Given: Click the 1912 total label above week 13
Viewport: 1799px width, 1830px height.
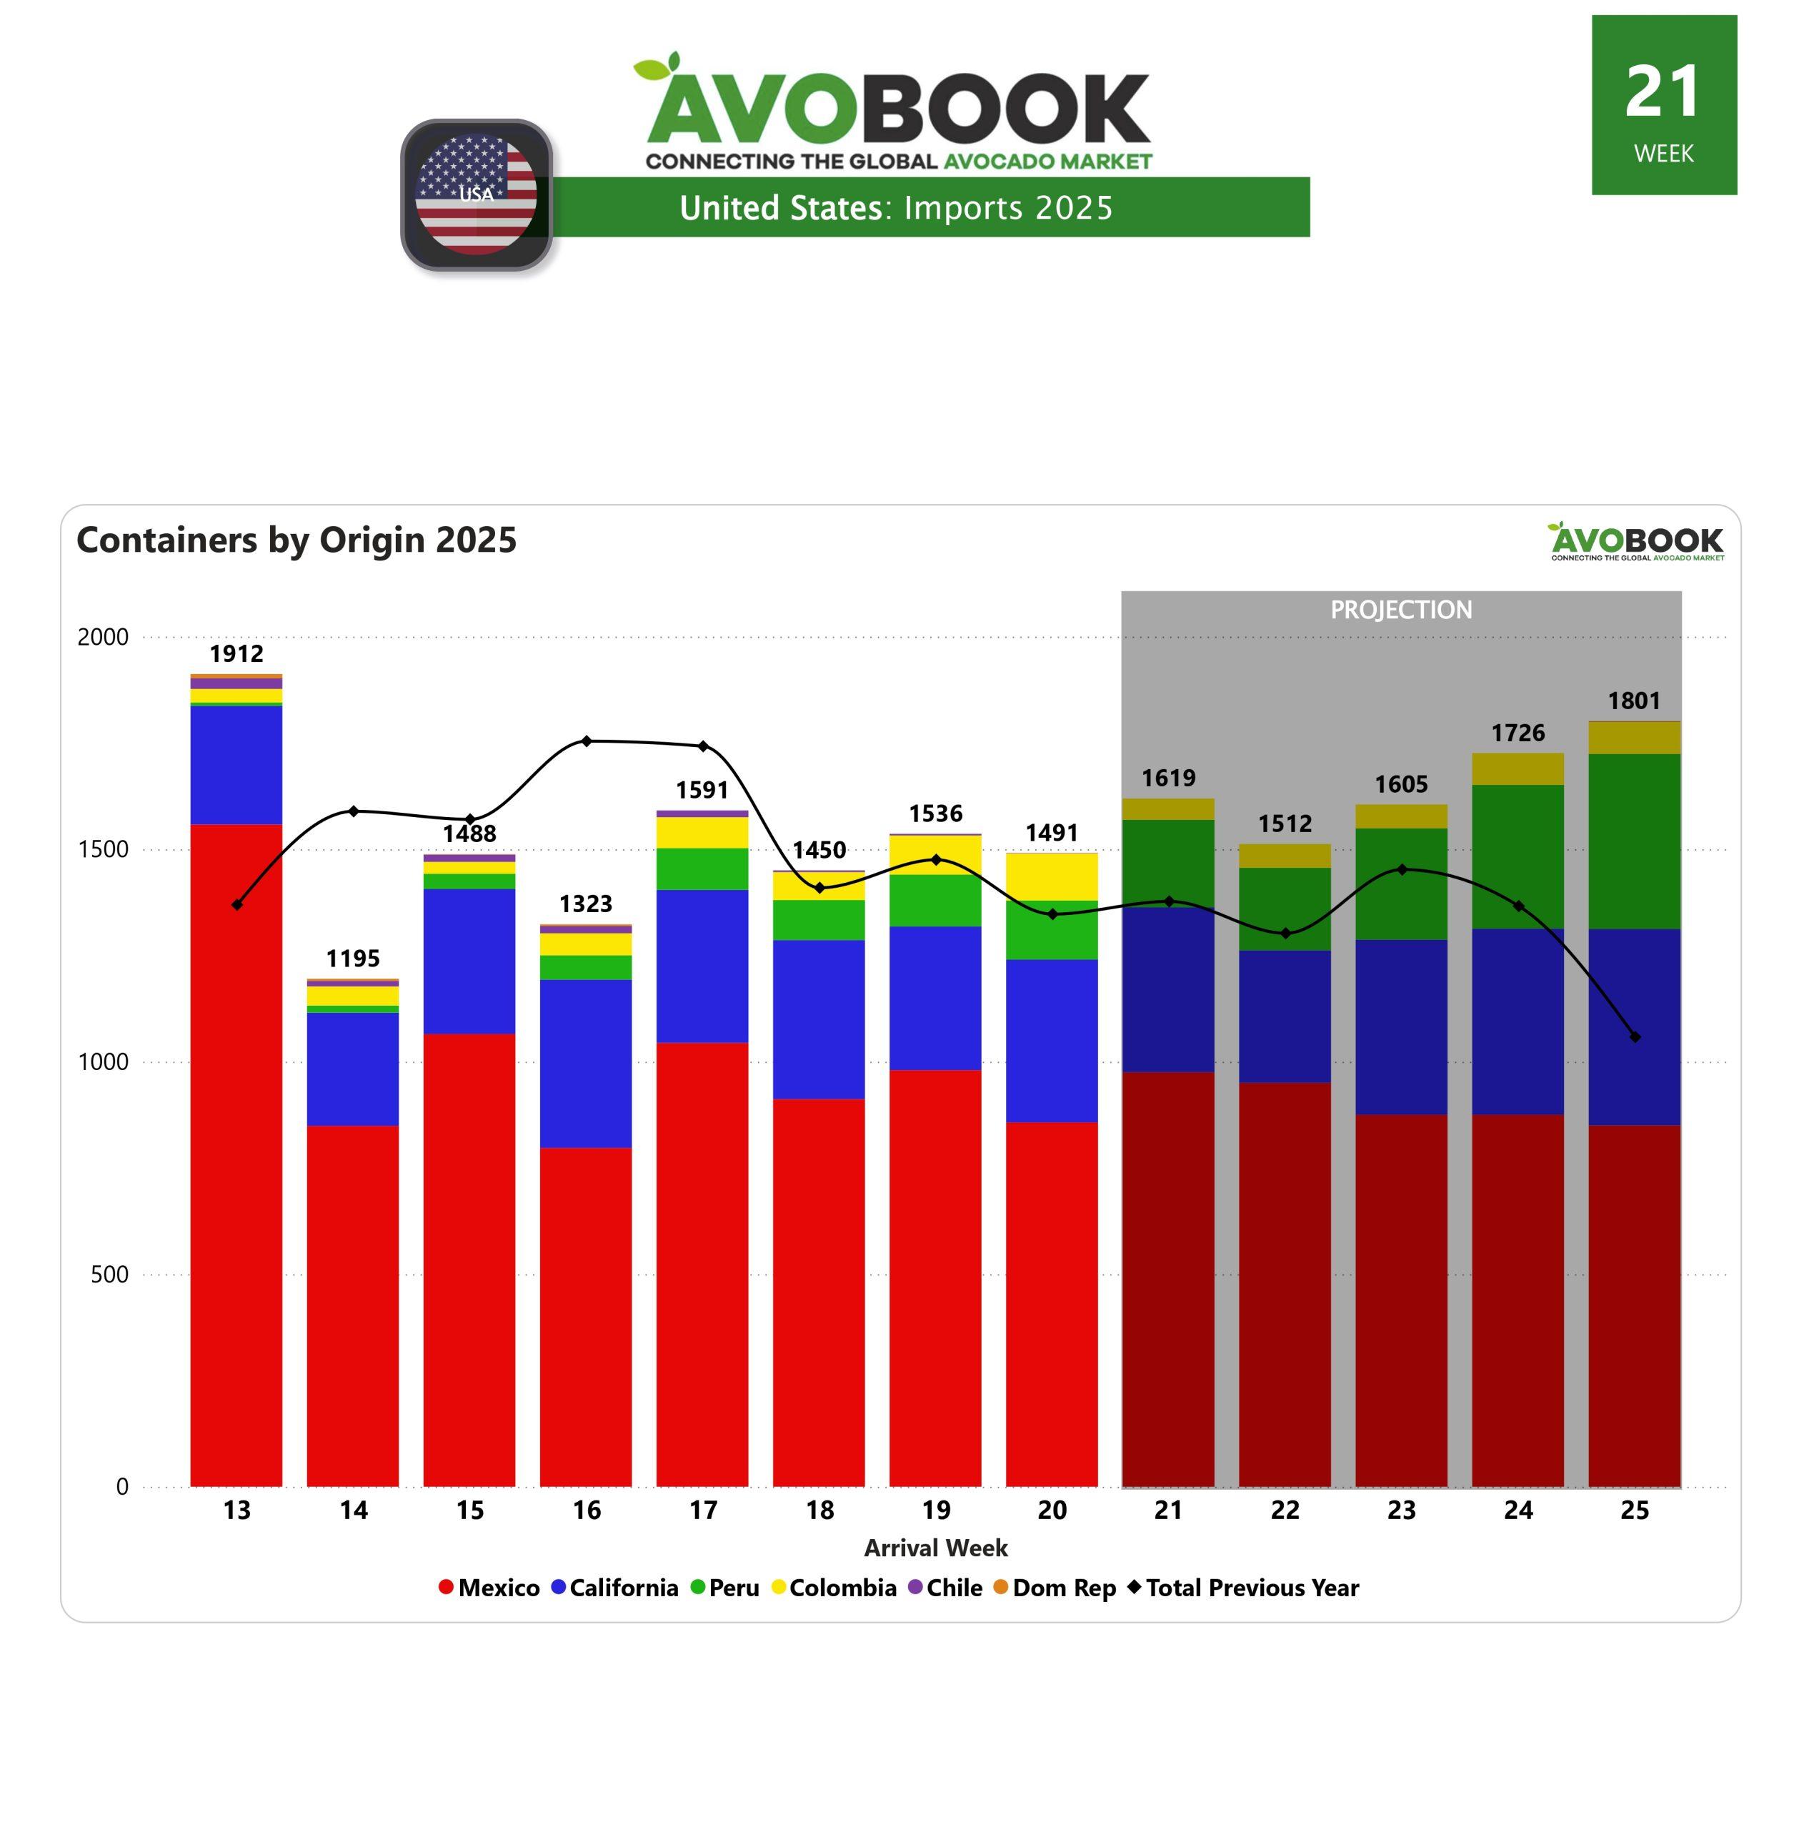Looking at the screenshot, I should tap(236, 653).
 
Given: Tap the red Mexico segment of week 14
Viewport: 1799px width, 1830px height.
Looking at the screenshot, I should tap(352, 1305).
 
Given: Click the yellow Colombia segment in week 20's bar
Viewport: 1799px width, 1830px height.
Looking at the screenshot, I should tap(1052, 876).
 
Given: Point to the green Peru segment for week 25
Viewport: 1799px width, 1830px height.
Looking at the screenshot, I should tap(1635, 841).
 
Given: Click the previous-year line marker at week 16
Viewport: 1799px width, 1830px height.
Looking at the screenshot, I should tap(587, 741).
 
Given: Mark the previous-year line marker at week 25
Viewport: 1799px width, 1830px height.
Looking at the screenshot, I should tap(1635, 1037).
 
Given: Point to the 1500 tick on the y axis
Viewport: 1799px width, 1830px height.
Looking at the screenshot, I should tap(103, 849).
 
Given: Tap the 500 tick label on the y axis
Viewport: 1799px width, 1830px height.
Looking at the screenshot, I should tap(109, 1274).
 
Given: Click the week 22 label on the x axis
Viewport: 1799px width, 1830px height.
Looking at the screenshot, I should tap(1285, 1510).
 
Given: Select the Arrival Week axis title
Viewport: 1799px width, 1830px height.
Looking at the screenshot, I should tap(935, 1548).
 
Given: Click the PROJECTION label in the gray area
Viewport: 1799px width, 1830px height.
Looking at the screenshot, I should tap(1401, 610).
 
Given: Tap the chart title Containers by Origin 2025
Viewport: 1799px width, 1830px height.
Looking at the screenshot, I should tap(296, 540).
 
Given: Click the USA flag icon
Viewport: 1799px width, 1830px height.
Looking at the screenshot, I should tap(477, 194).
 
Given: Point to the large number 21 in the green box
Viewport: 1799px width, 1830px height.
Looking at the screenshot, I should tap(1663, 93).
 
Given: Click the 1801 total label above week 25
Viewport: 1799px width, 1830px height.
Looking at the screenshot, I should tap(1635, 701).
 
